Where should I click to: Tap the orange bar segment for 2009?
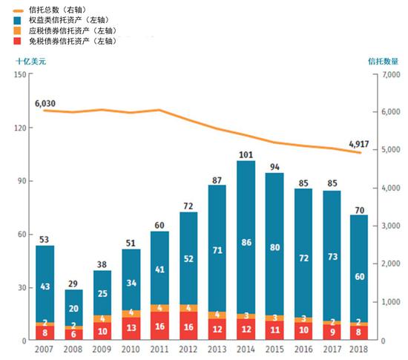pyautogui.click(x=102, y=318)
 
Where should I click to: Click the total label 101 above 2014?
pyautogui.click(x=246, y=154)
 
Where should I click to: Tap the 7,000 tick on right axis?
pyautogui.click(x=390, y=75)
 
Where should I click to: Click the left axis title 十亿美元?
pyautogui.click(x=31, y=61)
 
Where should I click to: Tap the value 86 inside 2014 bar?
pyautogui.click(x=246, y=242)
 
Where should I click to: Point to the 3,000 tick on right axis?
pyautogui.click(x=390, y=226)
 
